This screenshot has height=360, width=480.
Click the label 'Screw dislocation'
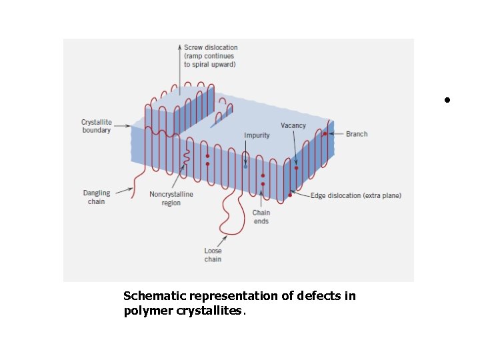click(x=210, y=48)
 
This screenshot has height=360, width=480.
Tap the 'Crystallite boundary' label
click(x=96, y=127)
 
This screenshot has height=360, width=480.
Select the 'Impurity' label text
click(x=257, y=135)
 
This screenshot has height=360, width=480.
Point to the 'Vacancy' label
click(x=293, y=125)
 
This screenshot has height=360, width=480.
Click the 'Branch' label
click(x=357, y=134)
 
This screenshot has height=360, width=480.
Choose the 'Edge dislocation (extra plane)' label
click(x=356, y=195)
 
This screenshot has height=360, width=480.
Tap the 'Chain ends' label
click(x=261, y=217)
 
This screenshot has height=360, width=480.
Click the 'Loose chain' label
click(x=213, y=255)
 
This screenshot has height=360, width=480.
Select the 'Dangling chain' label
click(x=96, y=197)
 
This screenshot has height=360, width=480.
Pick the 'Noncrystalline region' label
click(x=171, y=199)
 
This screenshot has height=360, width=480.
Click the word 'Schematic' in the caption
click(x=155, y=296)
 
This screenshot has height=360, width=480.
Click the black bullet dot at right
click(x=448, y=100)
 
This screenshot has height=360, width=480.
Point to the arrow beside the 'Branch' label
click(x=337, y=134)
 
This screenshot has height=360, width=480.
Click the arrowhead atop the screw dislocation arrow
click(x=179, y=47)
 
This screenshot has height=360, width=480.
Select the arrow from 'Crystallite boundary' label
click(x=122, y=126)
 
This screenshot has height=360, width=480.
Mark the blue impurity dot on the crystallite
click(x=245, y=166)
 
